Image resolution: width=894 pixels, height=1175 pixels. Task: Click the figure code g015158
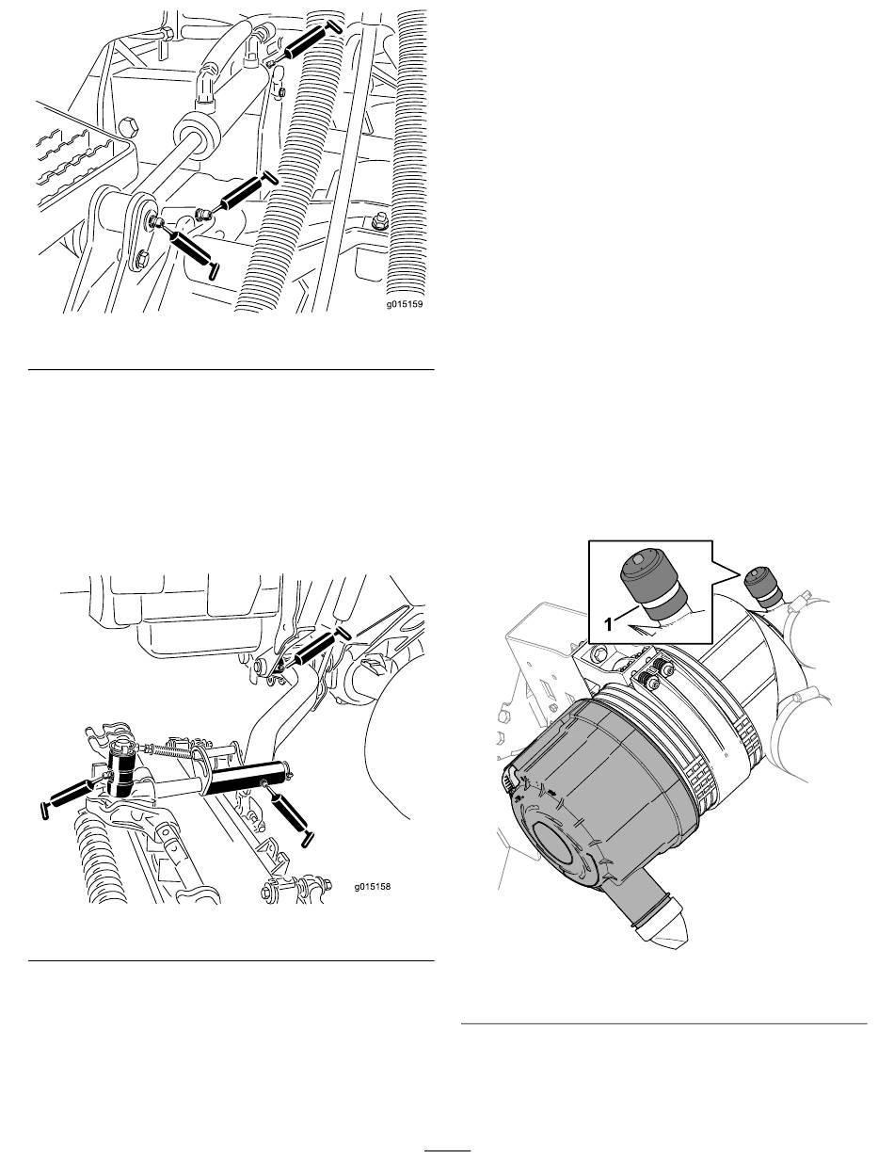373,887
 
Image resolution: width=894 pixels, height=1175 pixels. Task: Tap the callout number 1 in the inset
608,624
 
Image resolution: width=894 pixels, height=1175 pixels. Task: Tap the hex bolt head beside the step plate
129,127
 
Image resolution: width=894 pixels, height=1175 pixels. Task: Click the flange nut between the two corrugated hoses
377,223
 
